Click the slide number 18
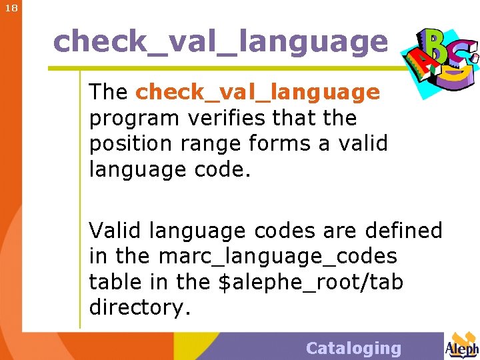pos(11,9)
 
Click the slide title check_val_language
pos(220,41)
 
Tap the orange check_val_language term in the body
pos(257,92)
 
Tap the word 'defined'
pos(403,231)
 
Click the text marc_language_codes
pos(277,256)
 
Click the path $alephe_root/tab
pos(311,283)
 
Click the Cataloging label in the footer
pos(353,348)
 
